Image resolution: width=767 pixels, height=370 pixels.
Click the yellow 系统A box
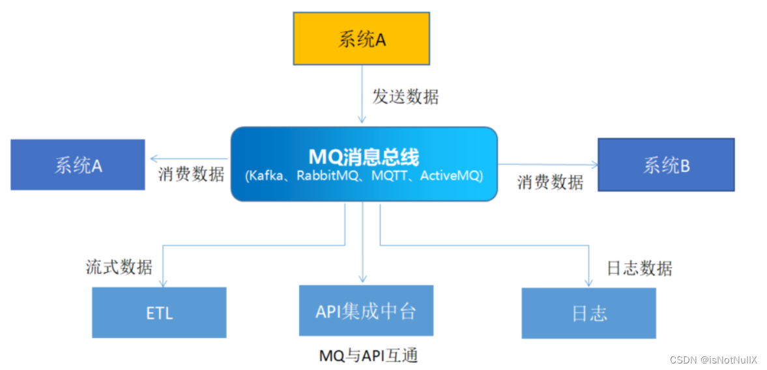(361, 38)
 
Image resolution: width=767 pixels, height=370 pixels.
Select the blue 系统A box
(78, 165)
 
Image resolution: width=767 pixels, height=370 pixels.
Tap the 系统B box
(666, 165)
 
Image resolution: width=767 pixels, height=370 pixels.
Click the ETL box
(159, 313)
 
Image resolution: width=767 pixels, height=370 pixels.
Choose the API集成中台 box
(366, 311)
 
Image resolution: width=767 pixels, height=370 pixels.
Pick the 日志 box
(588, 313)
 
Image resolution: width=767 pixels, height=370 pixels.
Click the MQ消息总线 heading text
(364, 156)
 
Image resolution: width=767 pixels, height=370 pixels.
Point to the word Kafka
(265, 176)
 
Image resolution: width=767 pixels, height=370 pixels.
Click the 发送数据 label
(405, 97)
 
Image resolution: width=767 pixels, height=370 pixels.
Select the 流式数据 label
(119, 266)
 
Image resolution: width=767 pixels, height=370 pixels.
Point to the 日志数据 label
(639, 268)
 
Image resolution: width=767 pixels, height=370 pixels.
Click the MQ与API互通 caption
(368, 356)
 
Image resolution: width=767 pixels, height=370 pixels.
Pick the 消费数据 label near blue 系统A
(191, 175)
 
